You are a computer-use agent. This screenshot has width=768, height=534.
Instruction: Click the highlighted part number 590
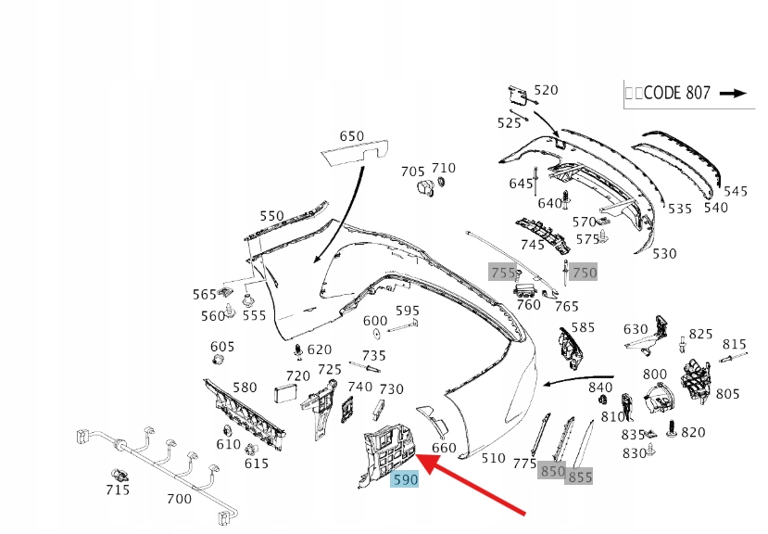(406, 479)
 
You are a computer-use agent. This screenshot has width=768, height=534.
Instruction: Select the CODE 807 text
(676, 93)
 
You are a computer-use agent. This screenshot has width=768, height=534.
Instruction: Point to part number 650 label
(351, 136)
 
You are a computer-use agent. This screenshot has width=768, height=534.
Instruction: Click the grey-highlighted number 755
(502, 273)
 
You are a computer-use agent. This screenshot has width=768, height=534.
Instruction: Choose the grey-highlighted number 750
(584, 272)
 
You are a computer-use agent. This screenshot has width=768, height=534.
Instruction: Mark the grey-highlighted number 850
(552, 471)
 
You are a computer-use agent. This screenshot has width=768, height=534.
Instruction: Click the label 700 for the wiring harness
(178, 500)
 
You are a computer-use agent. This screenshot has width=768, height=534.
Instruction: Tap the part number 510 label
(494, 457)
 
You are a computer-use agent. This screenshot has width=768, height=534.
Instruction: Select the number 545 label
(736, 192)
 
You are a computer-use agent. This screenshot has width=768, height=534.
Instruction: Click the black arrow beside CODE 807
(733, 93)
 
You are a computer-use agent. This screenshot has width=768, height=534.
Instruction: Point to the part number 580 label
(245, 388)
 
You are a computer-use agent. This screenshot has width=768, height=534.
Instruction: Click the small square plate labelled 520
(515, 95)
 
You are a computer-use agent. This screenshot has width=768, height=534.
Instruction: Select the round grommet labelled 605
(221, 362)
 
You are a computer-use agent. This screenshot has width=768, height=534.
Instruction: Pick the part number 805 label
(727, 394)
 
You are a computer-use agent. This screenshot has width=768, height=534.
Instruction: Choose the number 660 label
(444, 448)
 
